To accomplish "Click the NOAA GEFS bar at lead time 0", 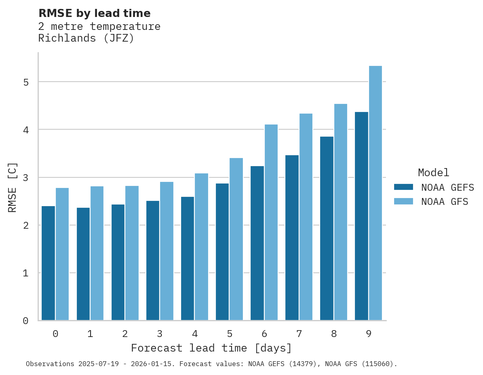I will [x=49, y=263].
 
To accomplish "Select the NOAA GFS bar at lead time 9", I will [x=375, y=193].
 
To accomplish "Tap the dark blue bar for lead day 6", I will [x=257, y=243].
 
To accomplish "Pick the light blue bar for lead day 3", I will [x=167, y=251].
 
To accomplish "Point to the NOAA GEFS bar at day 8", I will [x=327, y=228].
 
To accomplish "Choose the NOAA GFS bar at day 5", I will [x=236, y=239].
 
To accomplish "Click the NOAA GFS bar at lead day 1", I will [x=97, y=253].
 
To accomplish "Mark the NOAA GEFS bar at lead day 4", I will [x=188, y=259].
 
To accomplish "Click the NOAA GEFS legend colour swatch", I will [x=403, y=187].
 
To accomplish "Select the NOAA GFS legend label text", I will [x=445, y=202].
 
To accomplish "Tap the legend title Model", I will [x=433, y=173].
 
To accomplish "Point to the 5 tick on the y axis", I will [x=26, y=82].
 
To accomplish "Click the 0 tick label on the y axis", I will [x=26, y=321].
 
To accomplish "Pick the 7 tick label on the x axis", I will [x=299, y=334].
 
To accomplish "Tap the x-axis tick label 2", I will [x=125, y=334].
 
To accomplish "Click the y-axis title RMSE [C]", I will [x=13, y=187].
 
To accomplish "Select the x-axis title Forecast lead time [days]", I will [x=211, y=348].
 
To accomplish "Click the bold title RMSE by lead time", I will [x=94, y=13].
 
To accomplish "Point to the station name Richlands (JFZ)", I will [x=86, y=39].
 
